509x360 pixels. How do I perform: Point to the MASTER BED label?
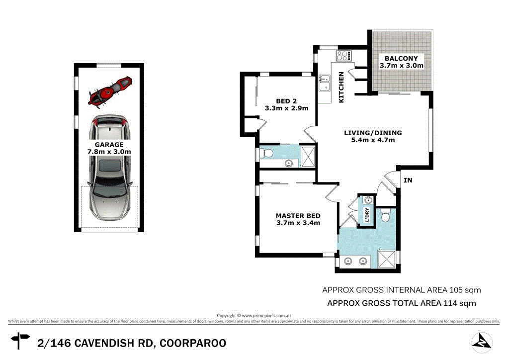click(x=298, y=216)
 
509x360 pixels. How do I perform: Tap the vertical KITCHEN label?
click(x=341, y=88)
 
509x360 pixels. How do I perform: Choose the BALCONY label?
click(x=401, y=58)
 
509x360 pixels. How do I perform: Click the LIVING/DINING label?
click(x=373, y=133)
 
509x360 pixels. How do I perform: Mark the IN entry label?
click(x=408, y=180)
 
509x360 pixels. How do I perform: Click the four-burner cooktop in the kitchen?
click(x=343, y=56)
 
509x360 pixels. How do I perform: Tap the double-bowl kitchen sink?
click(x=325, y=84)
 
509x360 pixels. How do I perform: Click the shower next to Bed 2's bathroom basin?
click(x=308, y=156)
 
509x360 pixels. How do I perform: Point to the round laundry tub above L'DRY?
click(x=367, y=200)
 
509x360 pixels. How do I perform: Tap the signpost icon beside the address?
click(x=21, y=342)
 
